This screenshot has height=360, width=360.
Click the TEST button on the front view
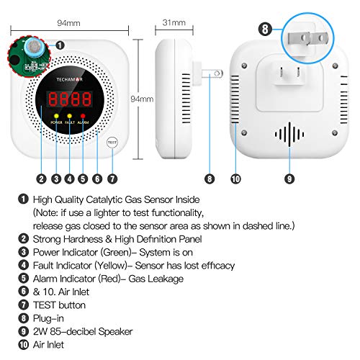click(x=111, y=142)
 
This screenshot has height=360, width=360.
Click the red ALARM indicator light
click(x=84, y=115)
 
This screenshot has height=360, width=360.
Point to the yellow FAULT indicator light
click(x=69, y=115)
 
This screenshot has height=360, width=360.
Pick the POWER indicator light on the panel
click(x=55, y=115)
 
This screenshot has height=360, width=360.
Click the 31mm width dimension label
click(x=173, y=23)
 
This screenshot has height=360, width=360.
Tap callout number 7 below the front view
click(x=112, y=179)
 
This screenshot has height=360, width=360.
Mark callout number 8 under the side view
click(x=210, y=179)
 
